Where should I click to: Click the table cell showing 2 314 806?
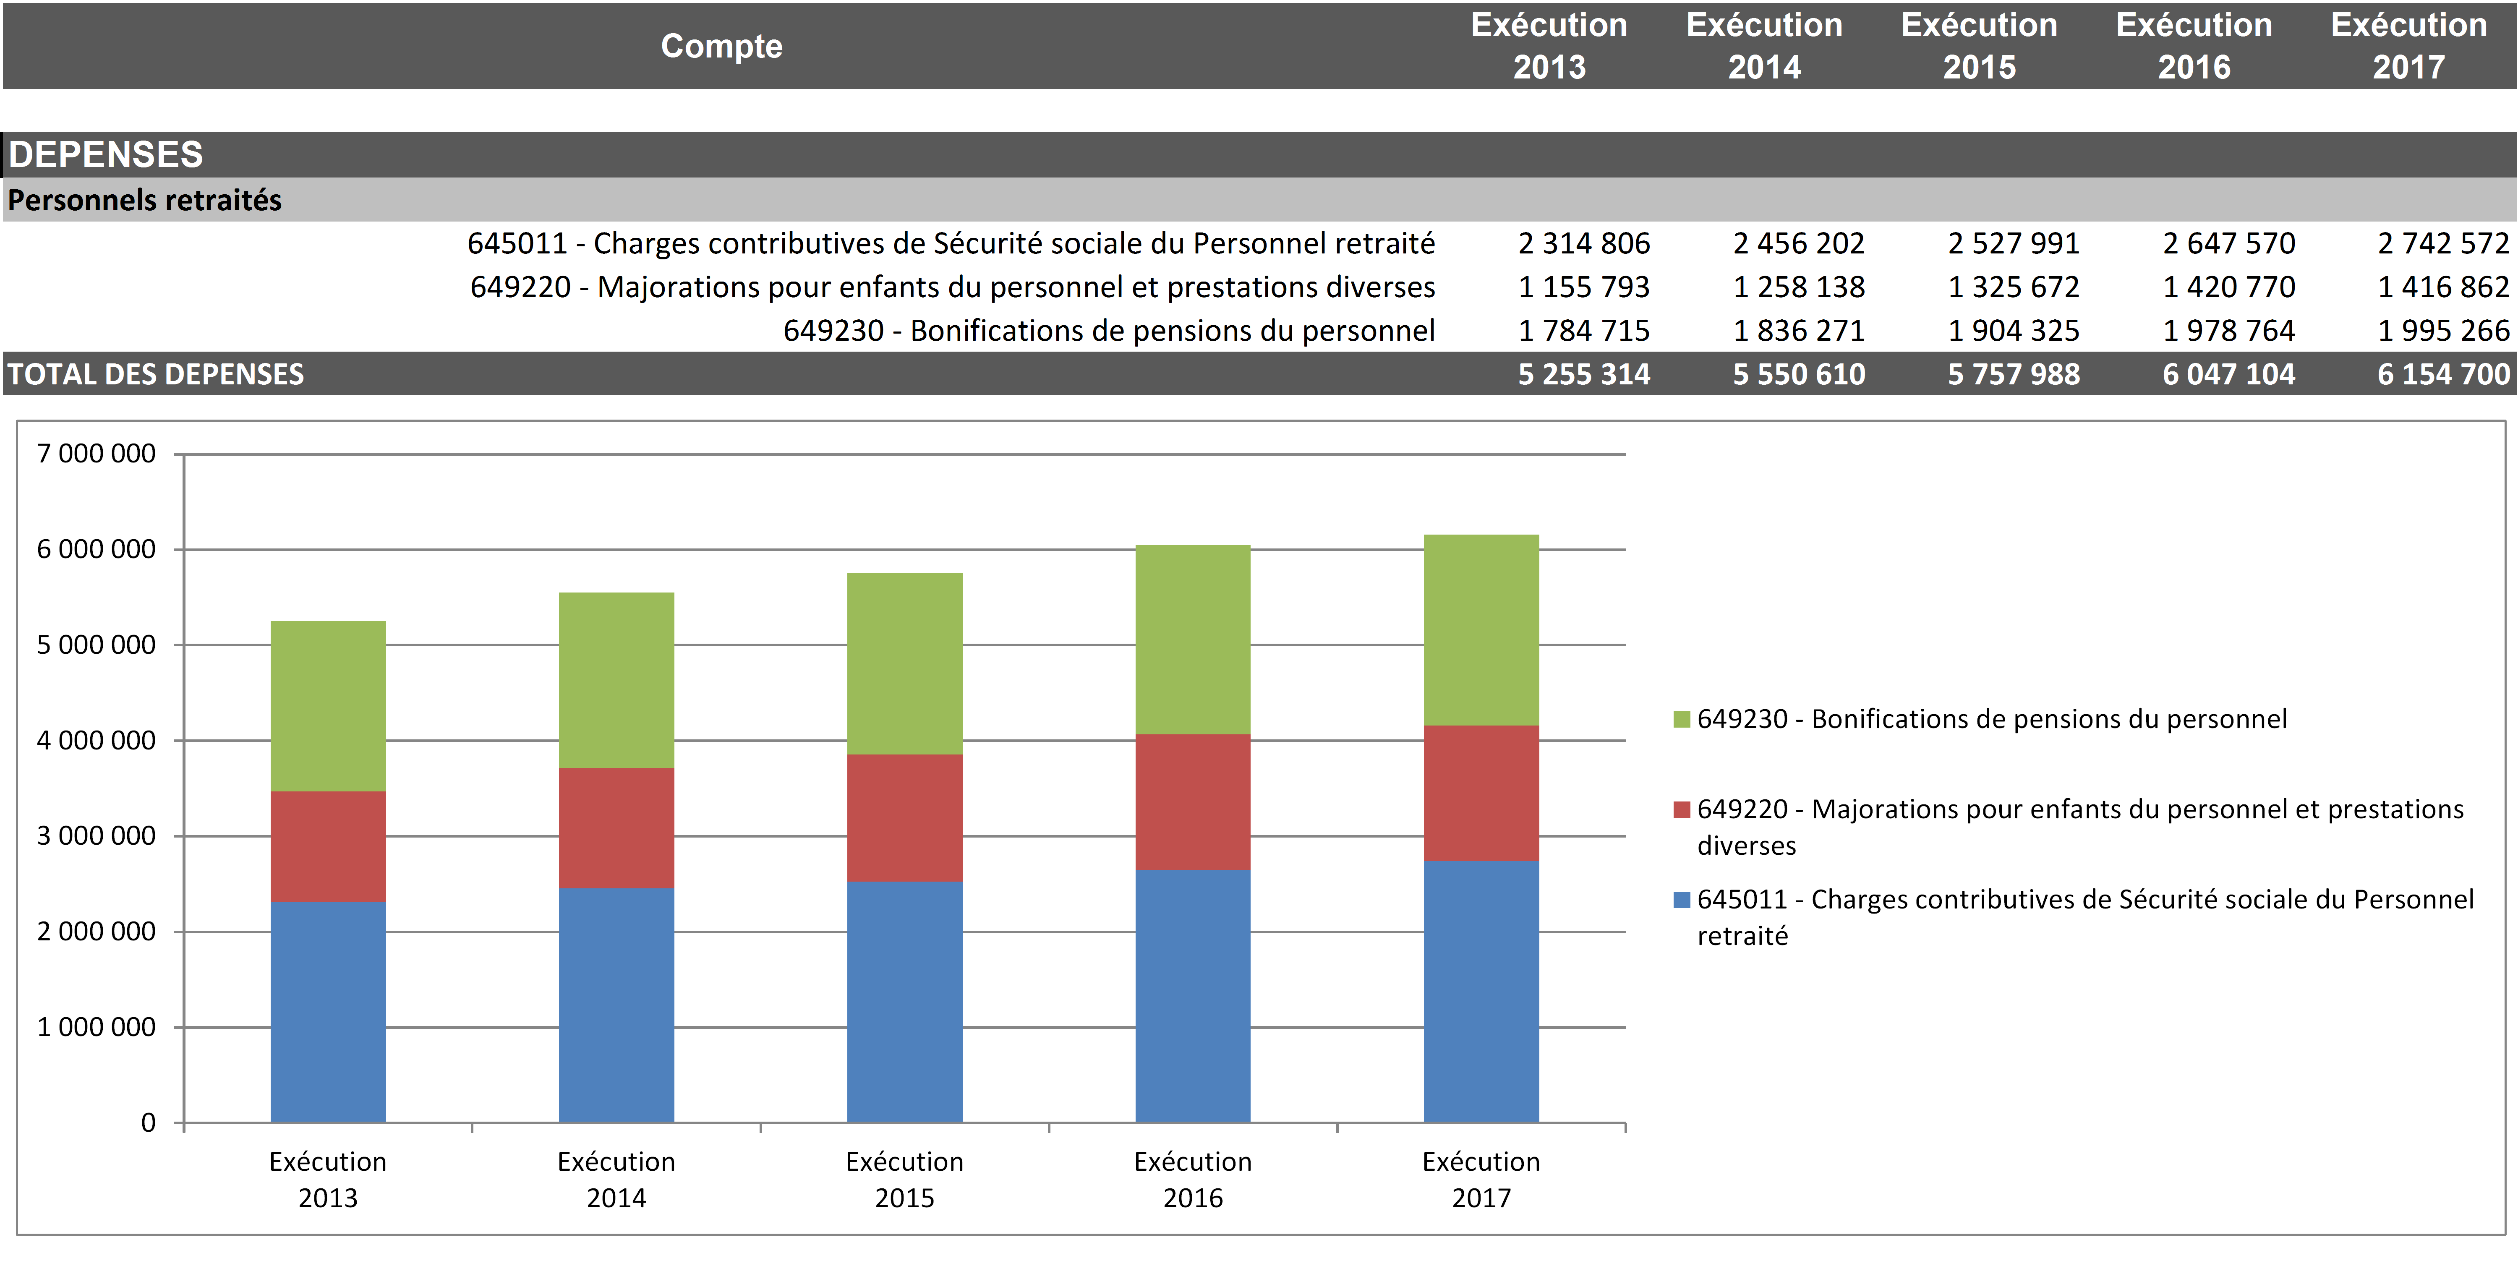coord(1583,243)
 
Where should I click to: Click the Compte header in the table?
coord(721,46)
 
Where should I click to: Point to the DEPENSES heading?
coord(106,154)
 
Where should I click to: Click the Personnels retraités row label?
coord(145,201)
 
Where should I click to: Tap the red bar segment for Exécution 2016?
coord(1193,801)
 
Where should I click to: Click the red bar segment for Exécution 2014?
coord(616,828)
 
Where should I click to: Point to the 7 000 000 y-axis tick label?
coord(96,454)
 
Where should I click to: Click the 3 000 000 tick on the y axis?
coord(96,836)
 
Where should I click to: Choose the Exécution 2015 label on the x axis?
coord(904,1179)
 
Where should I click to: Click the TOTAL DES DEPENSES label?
coord(157,374)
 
